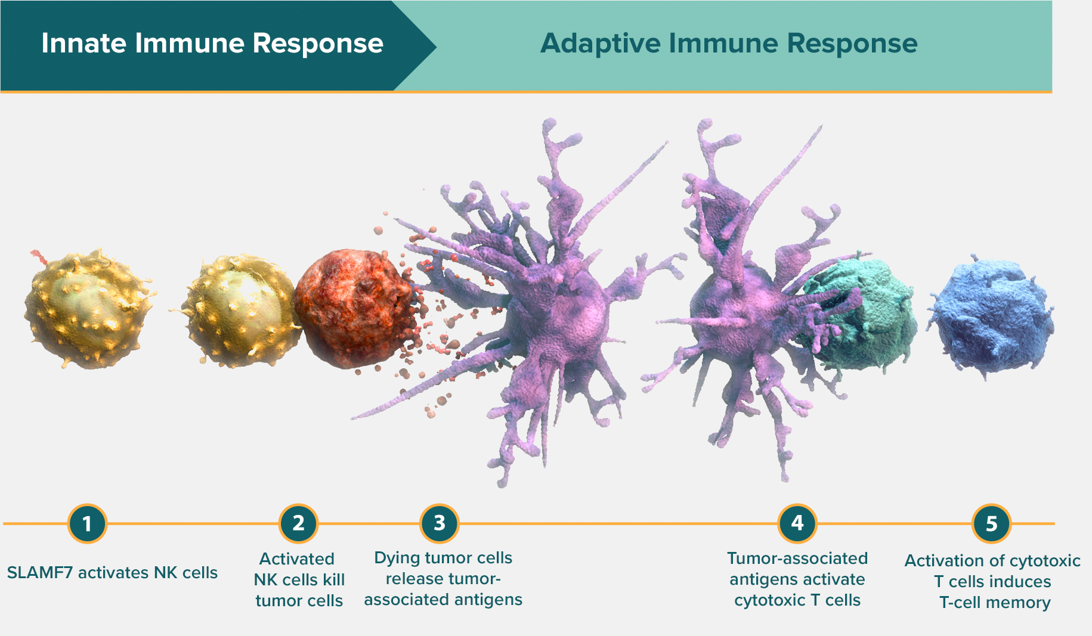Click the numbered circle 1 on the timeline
pos(87,524)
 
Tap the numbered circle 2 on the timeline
pos(298,524)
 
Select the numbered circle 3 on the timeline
pos(440,523)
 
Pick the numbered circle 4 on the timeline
pos(797,523)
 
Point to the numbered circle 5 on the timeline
pos(991,524)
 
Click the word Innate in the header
pos(83,44)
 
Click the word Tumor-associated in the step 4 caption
pos(797,559)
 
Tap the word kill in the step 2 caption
pos(334,579)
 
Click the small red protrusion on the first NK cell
pos(39,257)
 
